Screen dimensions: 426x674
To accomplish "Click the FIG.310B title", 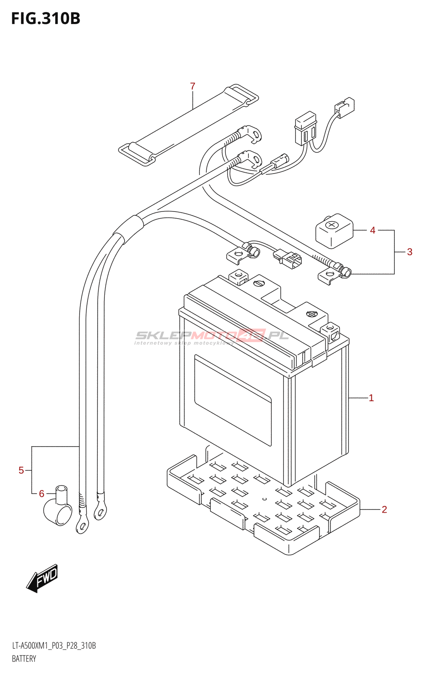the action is tap(46, 19).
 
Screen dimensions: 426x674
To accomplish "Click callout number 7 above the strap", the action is tap(193, 86).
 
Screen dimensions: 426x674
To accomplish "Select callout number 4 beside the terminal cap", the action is tap(373, 230).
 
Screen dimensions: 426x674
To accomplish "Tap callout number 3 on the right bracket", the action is tap(410, 252).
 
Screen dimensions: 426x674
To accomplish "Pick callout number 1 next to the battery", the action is tap(371, 398).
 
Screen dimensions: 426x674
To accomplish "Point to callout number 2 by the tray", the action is tap(384, 509).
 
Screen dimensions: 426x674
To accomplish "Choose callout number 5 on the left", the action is tap(21, 470).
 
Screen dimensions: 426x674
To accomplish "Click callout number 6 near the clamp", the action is tap(42, 494).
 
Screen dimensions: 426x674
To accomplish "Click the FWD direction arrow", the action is tap(42, 579).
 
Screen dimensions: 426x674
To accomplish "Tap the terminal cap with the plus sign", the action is tap(334, 231).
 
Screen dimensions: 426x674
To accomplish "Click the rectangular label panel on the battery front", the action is tap(233, 400).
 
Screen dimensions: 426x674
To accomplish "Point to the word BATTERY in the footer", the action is tap(24, 659).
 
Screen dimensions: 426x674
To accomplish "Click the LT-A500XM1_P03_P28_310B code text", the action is tap(54, 646).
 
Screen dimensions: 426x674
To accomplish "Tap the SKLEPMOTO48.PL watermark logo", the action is tap(212, 337).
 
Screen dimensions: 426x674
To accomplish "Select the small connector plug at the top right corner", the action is tap(344, 108).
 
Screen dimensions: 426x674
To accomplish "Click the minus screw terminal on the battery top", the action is tap(259, 283).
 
